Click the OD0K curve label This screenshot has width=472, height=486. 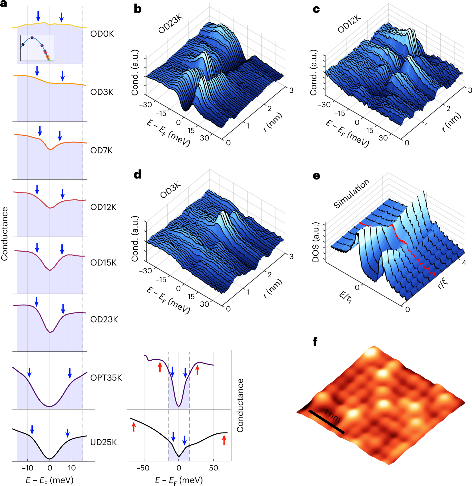point(102,34)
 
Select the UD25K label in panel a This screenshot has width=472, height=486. point(103,442)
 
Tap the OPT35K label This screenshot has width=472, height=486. point(106,378)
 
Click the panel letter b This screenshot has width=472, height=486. point(138,9)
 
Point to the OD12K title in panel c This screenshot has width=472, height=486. point(349,24)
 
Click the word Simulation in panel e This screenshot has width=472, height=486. point(351,194)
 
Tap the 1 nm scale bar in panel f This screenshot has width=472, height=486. point(326,421)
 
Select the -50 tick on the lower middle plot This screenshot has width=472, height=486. point(143,468)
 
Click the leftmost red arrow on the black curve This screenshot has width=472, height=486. point(134,427)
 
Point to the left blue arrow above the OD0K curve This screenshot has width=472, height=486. point(38,16)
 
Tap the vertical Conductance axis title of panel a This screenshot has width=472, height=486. point(4,234)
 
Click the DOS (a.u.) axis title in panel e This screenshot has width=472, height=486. point(316,242)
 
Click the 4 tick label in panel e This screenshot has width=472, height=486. point(463,263)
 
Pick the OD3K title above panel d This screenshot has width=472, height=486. point(170,190)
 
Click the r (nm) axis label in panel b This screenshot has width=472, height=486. point(273,122)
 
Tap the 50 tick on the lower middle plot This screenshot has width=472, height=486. point(213,468)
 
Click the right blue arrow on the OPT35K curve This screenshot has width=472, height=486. point(70,373)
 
